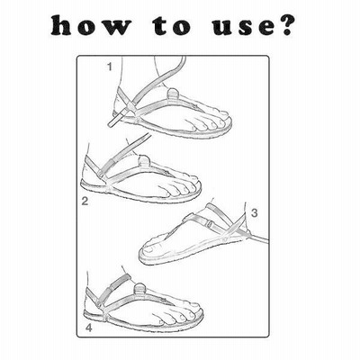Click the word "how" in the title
pyautogui.click(x=91, y=26)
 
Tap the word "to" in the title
pyautogui.click(x=171, y=27)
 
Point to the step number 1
pyautogui.click(x=110, y=67)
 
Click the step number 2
pyautogui.click(x=85, y=201)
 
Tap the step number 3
pyautogui.click(x=255, y=213)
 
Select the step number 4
pyautogui.click(x=89, y=328)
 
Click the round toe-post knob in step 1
pyautogui.click(x=173, y=93)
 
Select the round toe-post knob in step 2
pyautogui.click(x=144, y=160)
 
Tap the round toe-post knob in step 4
pyautogui.click(x=139, y=289)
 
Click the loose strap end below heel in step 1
pyautogui.click(x=114, y=120)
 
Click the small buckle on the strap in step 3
pyautogui.click(x=211, y=223)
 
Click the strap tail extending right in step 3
pyautogui.click(x=258, y=238)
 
